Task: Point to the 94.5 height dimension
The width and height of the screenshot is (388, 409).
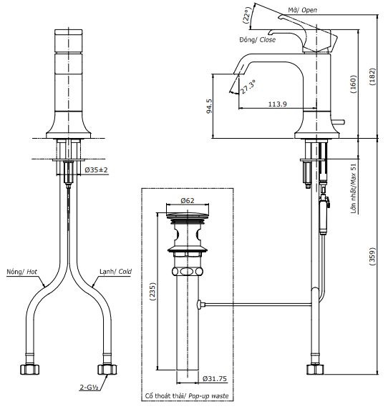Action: point(209,106)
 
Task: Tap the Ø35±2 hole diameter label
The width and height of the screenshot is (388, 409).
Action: point(95,170)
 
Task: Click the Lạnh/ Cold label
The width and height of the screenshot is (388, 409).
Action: point(114,272)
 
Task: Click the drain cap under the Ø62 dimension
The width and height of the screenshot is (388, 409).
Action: point(187,215)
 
